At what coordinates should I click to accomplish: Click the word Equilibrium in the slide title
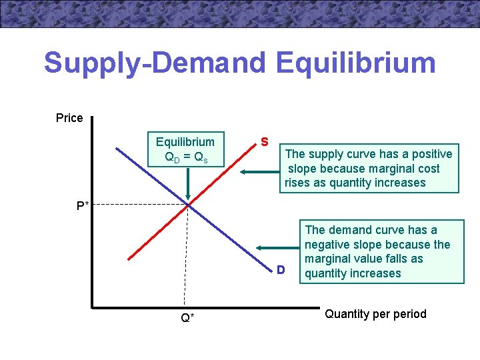tap(355, 63)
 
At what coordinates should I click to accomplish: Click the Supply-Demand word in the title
tap(155, 63)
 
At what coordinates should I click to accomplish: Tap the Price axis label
tap(69, 118)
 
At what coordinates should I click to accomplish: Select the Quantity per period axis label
tap(375, 314)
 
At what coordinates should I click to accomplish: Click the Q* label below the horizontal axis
tap(188, 317)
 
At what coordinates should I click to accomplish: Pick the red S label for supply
tap(265, 142)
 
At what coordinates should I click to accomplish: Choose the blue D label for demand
tap(281, 270)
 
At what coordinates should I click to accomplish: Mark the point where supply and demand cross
tap(189, 204)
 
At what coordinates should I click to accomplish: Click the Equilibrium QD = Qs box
tap(185, 149)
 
